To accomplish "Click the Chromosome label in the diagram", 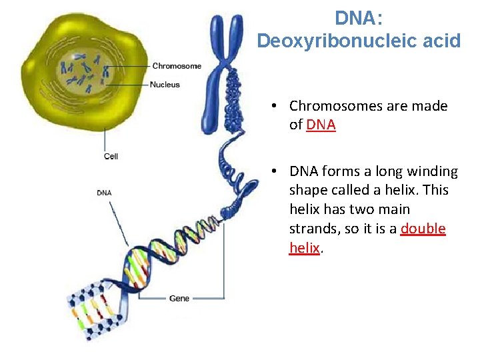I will point(177,66).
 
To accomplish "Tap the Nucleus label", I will point(165,85).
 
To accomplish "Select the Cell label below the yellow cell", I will point(111,157).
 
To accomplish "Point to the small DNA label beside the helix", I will point(104,193).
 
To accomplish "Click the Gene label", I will point(179,299).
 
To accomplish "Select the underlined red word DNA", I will point(321,125).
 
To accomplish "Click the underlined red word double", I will point(423,229).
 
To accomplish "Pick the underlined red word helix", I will point(305,248).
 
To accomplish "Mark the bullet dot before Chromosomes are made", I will point(273,107).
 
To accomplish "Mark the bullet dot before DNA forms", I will point(273,172).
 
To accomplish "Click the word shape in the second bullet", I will point(308,190).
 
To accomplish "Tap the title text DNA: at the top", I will point(359,18).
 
